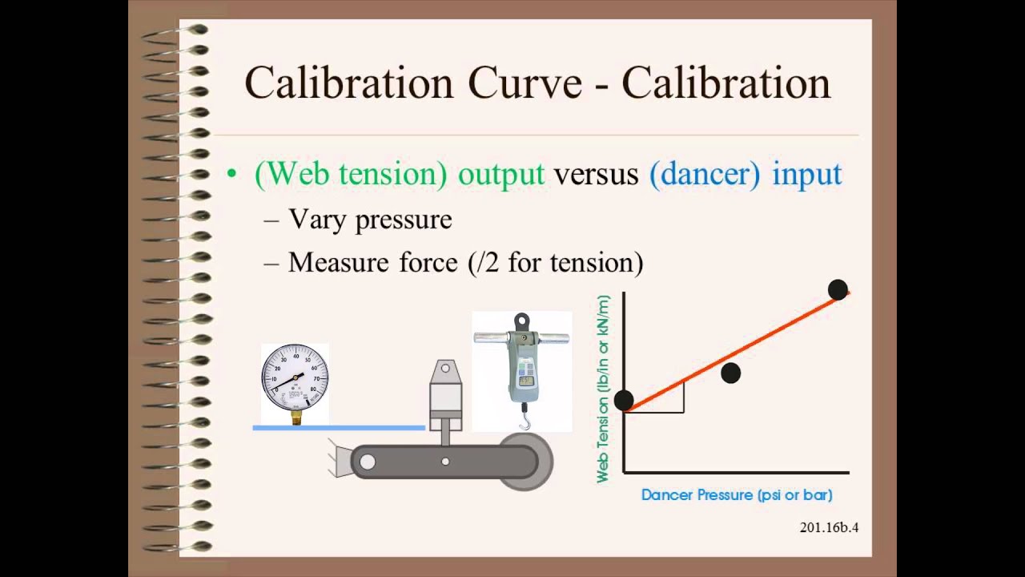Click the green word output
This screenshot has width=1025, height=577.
pyautogui.click(x=500, y=174)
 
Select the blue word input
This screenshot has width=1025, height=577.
pyautogui.click(x=806, y=174)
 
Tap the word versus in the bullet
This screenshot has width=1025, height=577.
pyautogui.click(x=596, y=174)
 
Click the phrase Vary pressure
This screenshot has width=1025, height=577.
pyautogui.click(x=370, y=220)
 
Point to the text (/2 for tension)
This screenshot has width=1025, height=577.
pyautogui.click(x=555, y=263)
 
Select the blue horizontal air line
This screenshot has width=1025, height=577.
pyautogui.click(x=338, y=428)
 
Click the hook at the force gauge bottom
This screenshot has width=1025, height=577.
pyautogui.click(x=525, y=419)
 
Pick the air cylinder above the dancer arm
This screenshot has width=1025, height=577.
pyautogui.click(x=445, y=397)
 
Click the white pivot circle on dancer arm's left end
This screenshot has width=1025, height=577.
pyautogui.click(x=368, y=462)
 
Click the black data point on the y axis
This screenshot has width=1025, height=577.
pyautogui.click(x=624, y=400)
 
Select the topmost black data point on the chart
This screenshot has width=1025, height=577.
pyautogui.click(x=838, y=289)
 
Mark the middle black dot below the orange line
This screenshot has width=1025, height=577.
pyautogui.click(x=730, y=373)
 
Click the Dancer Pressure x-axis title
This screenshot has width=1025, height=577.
pyautogui.click(x=737, y=495)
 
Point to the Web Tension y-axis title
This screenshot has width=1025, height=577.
pyautogui.click(x=603, y=389)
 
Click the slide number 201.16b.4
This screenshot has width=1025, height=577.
pyautogui.click(x=829, y=527)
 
